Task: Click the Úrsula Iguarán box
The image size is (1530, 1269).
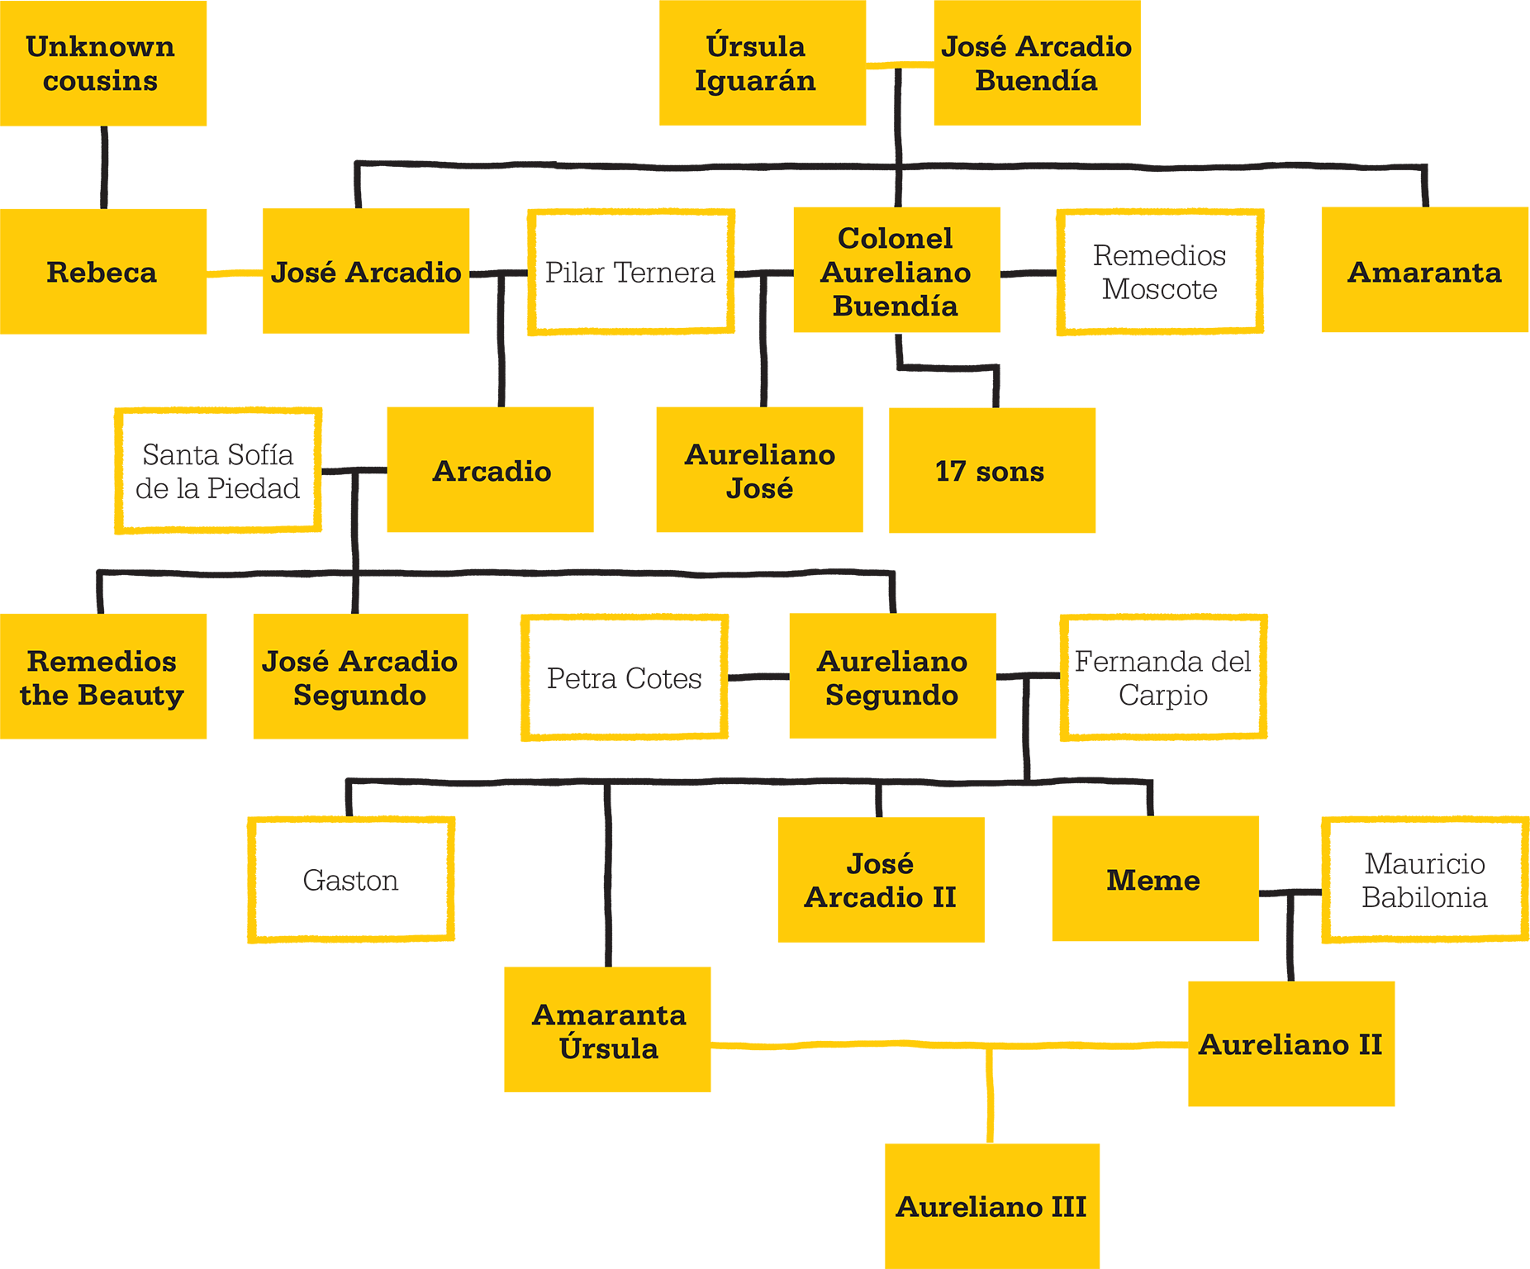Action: click(763, 63)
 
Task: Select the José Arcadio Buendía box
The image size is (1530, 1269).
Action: click(1038, 63)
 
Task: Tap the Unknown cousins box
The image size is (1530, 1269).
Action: click(103, 63)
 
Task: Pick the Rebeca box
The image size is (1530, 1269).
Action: click(103, 271)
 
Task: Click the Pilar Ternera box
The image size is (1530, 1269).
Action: click(631, 272)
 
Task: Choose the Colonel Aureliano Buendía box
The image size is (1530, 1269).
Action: click(897, 270)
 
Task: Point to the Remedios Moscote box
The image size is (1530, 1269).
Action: click(1160, 272)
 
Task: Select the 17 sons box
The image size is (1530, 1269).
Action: click(992, 470)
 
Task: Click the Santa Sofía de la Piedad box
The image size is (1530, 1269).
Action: click(218, 470)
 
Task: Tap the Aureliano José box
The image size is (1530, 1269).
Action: click(760, 469)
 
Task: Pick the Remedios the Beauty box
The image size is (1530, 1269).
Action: click(103, 676)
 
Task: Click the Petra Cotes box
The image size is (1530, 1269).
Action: click(625, 677)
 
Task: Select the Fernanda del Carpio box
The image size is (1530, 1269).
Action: click(1163, 677)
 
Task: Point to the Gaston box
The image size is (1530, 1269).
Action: click(351, 880)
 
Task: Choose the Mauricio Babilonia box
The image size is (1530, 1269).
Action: click(1425, 880)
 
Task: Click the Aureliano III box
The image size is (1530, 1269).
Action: click(992, 1206)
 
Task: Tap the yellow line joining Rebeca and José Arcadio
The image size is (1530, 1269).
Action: click(235, 273)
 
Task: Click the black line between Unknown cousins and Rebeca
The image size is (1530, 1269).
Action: click(104, 168)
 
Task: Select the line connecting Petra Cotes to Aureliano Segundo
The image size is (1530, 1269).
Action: click(758, 677)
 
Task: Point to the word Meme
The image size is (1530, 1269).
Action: click(1153, 880)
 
